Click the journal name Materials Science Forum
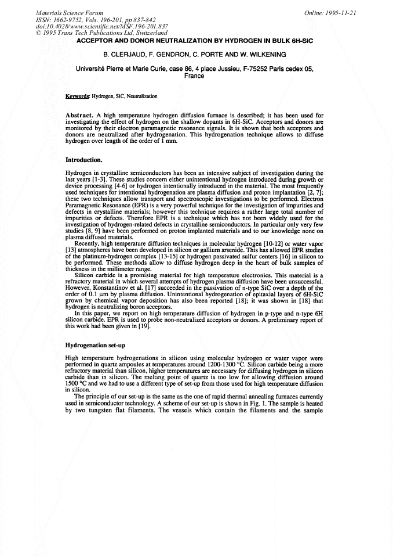(x=70, y=12)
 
